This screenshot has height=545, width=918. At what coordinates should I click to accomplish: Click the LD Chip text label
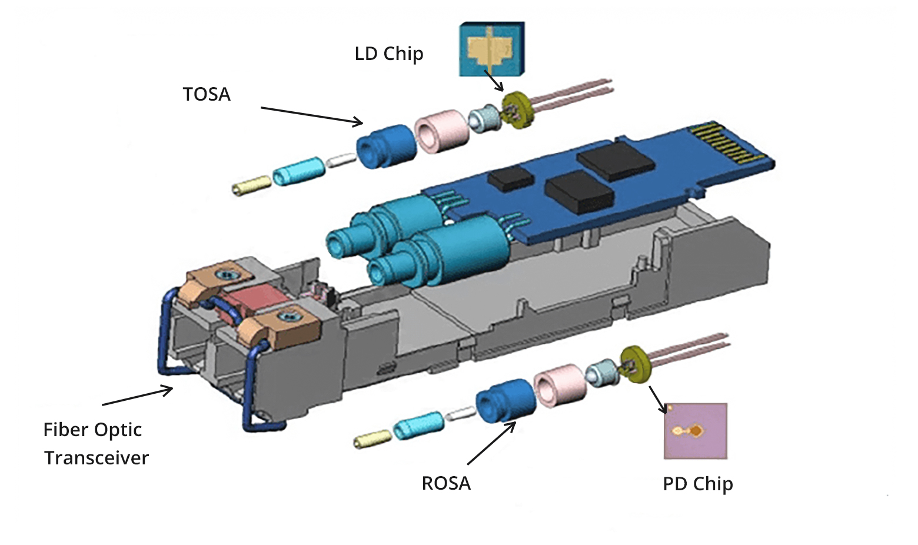click(388, 54)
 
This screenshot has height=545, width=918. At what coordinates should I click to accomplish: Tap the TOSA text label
click(207, 95)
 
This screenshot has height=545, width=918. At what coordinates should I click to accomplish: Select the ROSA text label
click(446, 483)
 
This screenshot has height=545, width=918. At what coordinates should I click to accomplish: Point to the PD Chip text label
click(697, 484)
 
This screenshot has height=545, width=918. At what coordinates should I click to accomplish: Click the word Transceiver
click(97, 458)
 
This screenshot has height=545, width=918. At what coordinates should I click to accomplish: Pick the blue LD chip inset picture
click(491, 49)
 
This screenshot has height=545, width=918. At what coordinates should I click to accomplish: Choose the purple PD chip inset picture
click(696, 431)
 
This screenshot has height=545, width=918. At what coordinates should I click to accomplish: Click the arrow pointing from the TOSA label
click(312, 116)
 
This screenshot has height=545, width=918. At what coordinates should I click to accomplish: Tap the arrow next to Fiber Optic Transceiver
click(138, 396)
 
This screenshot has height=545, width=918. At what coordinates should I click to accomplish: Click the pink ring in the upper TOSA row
click(443, 129)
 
